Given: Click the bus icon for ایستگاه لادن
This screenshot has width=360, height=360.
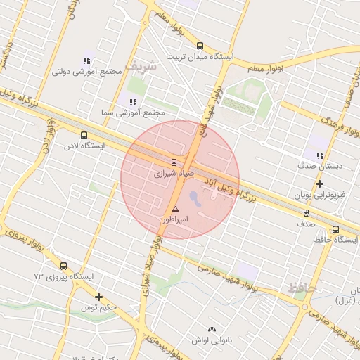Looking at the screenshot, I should tap(84, 135).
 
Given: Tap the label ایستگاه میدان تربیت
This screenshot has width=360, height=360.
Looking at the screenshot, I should tap(199, 56).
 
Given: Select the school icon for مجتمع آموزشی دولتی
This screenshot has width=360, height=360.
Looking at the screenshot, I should tap(86, 61).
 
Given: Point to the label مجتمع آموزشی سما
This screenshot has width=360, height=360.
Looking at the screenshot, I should tap(134, 112).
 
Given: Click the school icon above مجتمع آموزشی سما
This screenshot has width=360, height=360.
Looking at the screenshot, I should tap(133, 102).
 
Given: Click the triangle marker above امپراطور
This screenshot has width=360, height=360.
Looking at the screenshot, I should tap(175, 210).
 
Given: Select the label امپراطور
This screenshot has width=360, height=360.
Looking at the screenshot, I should tap(176, 219).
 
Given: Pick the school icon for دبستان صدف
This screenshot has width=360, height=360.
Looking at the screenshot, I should tap(320, 156).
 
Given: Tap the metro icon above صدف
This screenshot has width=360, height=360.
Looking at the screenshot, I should tap(306, 213).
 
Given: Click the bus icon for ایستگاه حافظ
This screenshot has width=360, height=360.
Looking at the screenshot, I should tap(335, 229).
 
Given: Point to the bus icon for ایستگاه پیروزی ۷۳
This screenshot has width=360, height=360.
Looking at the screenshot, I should tap(64, 266).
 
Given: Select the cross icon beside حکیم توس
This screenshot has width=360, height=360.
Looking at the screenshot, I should tap(98, 297).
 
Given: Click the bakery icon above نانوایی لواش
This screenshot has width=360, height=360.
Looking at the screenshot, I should tap(212, 329).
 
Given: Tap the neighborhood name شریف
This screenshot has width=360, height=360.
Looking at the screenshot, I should tap(141, 65).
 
